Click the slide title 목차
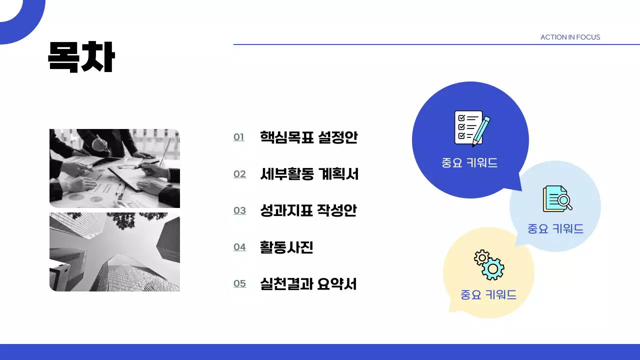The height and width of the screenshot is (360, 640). tap(81, 56)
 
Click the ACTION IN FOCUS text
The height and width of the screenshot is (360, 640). tap(570, 37)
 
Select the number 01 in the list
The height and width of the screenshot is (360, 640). tap(239, 137)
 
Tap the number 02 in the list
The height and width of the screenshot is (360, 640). tap(239, 174)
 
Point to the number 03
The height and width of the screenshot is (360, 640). tap(239, 210)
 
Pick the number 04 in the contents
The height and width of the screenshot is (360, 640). tap(239, 247)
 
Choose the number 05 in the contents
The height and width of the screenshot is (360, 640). tap(239, 283)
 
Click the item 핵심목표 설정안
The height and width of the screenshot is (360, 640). tap(308, 137)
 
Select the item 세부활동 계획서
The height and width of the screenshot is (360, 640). tap(309, 173)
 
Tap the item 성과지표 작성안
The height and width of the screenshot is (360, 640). tap(308, 210)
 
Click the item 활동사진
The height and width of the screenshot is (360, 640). tap(286, 247)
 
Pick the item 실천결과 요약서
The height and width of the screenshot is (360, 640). tap(308, 283)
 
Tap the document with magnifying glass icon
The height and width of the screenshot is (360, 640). tap(557, 199)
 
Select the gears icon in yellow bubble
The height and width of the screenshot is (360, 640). tap(489, 264)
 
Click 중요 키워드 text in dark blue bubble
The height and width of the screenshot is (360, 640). tap(469, 163)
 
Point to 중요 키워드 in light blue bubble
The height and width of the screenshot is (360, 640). tap(555, 229)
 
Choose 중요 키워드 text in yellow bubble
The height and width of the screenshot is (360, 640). tap(488, 295)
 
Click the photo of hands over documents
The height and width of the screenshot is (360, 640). tap(114, 168)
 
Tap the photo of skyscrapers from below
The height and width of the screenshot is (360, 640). tap(114, 252)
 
